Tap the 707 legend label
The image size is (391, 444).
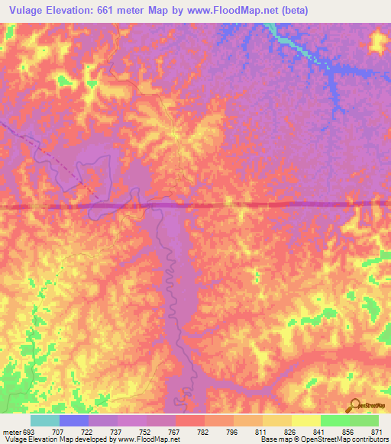coord(58,431)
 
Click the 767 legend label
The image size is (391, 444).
coord(174,431)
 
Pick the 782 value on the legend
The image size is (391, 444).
coord(204,431)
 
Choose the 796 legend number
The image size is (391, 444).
coord(232,431)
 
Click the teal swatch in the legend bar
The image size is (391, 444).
coord(45,420)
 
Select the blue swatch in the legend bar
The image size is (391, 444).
coord(74,420)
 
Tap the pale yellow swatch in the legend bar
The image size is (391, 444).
coord(305,420)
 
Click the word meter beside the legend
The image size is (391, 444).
coord(11,431)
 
